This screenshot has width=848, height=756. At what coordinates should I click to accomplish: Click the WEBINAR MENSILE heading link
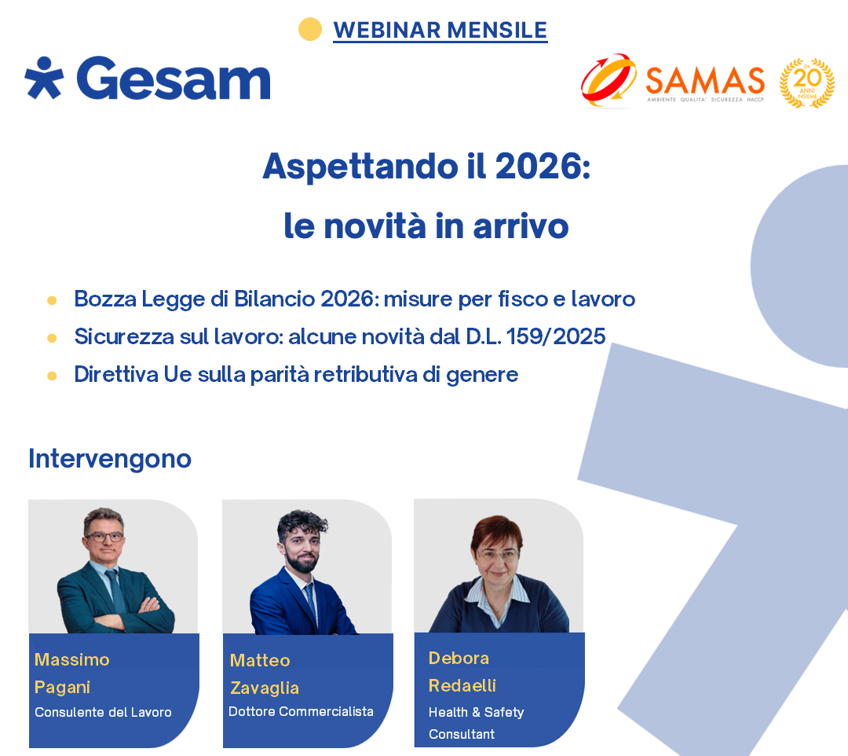(x=440, y=30)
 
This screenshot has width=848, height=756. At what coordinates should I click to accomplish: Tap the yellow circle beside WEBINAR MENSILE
(x=310, y=30)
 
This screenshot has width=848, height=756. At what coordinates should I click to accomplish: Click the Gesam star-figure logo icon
(x=44, y=78)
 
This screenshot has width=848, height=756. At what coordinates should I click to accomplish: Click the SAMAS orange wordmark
(x=704, y=80)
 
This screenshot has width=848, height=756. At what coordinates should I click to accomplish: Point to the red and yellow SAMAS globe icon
(x=609, y=80)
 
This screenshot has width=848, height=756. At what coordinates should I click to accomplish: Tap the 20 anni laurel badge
(x=806, y=83)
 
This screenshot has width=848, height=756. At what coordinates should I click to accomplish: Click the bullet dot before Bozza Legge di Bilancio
(x=52, y=300)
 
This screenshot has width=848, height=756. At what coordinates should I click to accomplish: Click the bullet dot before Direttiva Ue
(x=52, y=376)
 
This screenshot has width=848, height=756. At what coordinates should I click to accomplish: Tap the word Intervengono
(x=110, y=458)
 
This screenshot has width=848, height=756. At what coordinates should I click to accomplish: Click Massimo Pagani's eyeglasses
(x=104, y=538)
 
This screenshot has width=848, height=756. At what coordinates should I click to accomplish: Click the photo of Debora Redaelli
(x=498, y=566)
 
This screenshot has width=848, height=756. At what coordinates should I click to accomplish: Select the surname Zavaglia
(x=265, y=688)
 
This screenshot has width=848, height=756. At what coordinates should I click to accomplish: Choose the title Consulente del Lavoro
(x=103, y=712)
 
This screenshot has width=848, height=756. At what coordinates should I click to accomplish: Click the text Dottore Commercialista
(x=301, y=711)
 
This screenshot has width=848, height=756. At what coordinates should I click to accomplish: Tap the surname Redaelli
(x=462, y=685)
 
